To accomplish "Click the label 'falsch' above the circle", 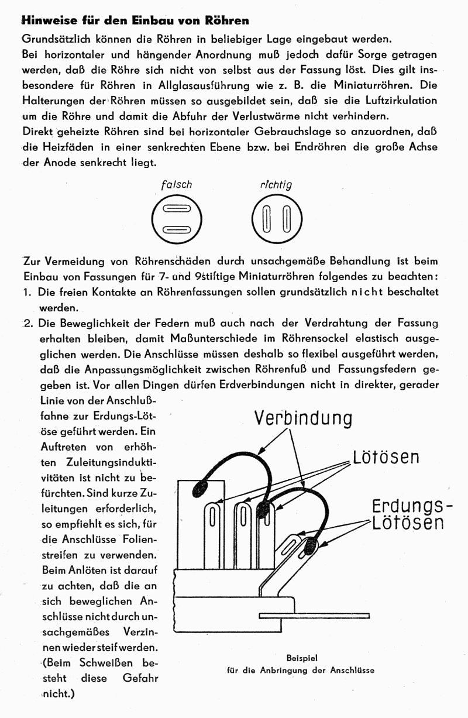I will pyautogui.click(x=176, y=184).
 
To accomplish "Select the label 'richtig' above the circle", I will pyautogui.click(x=276, y=184).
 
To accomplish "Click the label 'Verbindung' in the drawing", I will pyautogui.click(x=303, y=418).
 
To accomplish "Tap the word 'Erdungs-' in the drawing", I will pyautogui.click(x=412, y=506).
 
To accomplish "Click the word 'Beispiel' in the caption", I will pyautogui.click(x=302, y=658).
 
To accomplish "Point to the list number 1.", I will pyautogui.click(x=26, y=291).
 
